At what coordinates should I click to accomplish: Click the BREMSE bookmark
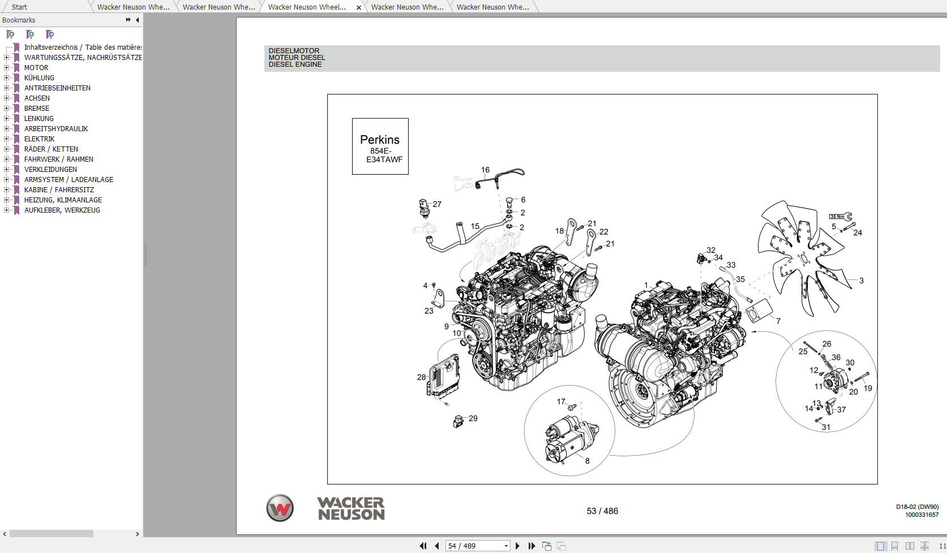36,109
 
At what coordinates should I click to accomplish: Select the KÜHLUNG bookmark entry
39,78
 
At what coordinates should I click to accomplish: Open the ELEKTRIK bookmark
39,139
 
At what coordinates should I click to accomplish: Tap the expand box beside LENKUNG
7,119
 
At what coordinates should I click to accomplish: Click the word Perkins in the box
379,140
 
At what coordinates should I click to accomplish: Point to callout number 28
421,377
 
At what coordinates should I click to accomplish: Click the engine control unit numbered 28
443,375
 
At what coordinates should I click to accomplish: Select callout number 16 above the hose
485,170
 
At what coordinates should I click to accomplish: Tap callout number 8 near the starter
588,461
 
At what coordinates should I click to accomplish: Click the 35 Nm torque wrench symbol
840,217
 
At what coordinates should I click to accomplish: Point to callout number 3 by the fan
862,280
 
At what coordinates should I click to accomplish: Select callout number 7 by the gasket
778,321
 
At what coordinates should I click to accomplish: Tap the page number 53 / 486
602,511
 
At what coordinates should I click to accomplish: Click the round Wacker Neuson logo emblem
280,508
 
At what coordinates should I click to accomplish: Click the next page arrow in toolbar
517,546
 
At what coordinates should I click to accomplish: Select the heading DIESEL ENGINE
295,64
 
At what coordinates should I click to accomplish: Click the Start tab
19,7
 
